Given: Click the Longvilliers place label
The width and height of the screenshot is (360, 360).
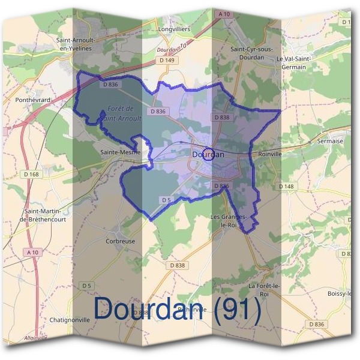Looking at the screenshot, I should [x=173, y=28].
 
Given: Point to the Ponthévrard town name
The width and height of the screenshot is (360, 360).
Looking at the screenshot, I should [x=33, y=100].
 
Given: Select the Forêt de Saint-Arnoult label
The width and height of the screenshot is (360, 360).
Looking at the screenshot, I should [x=122, y=114].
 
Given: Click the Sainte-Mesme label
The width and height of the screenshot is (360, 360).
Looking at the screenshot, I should [x=120, y=152].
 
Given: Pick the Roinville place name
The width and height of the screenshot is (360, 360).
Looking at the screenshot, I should [x=268, y=153].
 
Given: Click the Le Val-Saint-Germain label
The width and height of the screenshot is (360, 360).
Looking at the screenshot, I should [x=295, y=63].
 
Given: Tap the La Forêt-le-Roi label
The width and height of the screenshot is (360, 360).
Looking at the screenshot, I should [x=264, y=290].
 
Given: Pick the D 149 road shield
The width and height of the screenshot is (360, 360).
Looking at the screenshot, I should [x=167, y=60].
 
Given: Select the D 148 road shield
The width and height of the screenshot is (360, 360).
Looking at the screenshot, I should [x=287, y=187].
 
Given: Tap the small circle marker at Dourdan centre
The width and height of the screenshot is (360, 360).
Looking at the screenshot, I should [x=208, y=154].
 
